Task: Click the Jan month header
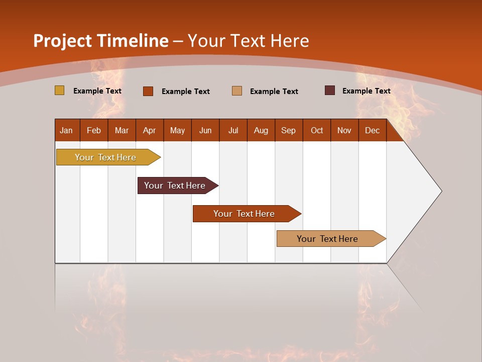pyautogui.click(x=66, y=130)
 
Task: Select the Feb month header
pyautogui.click(x=94, y=130)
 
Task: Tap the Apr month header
pyautogui.click(x=149, y=130)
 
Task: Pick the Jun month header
pyautogui.click(x=205, y=130)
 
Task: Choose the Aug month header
pyautogui.click(x=261, y=130)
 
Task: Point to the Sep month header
pyautogui.click(x=288, y=130)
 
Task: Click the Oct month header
pyautogui.click(x=317, y=130)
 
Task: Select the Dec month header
pyautogui.click(x=372, y=130)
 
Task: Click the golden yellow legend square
pyautogui.click(x=59, y=90)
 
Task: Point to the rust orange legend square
pyautogui.click(x=148, y=91)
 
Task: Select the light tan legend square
pyautogui.click(x=237, y=91)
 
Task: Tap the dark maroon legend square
pyautogui.click(x=330, y=90)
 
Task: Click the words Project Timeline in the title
pyautogui.click(x=100, y=41)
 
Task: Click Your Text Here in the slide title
pyautogui.click(x=248, y=41)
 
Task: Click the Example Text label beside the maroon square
pyautogui.click(x=366, y=91)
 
